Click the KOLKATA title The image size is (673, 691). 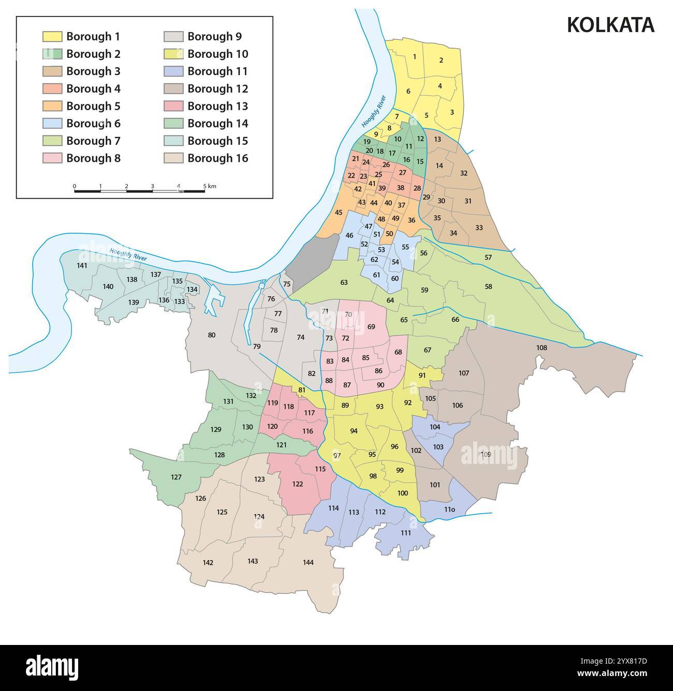tap(610, 25)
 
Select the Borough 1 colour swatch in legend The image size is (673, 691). tap(52, 36)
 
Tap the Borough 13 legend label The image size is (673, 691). tap(217, 106)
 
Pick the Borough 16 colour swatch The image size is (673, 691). tap(173, 158)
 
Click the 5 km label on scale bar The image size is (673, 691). tap(209, 186)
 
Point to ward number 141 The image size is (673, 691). tap(82, 265)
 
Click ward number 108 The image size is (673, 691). tap(541, 348)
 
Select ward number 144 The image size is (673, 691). tap(308, 562)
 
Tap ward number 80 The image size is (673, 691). tap(211, 335)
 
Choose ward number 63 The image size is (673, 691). tap(344, 282)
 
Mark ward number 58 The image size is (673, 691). tap(488, 286)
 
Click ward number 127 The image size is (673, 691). tap(176, 477)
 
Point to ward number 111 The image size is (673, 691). tap(406, 533)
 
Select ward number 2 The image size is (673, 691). tap(441, 60)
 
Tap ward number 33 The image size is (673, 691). tap(479, 228)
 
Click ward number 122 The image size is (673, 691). tap(297, 484)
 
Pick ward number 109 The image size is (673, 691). tap(486, 454)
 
